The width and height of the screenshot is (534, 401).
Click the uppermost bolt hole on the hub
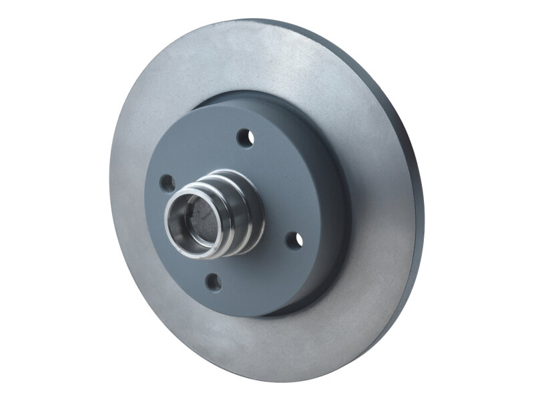245,138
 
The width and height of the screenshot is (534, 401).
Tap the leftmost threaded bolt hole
168,182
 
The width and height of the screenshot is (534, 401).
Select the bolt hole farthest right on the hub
292,239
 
